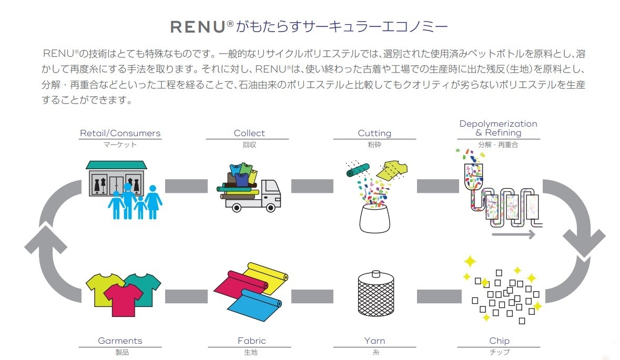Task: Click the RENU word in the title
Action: tap(199, 27)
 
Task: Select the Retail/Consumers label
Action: tap(120, 133)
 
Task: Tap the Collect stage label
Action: tap(249, 133)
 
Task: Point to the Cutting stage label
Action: tap(374, 133)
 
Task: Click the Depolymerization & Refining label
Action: tap(498, 128)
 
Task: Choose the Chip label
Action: tap(499, 341)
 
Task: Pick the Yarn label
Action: tap(374, 341)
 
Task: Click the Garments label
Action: tap(120, 341)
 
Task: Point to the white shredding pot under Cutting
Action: tap(374, 217)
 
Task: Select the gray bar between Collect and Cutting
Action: tap(312, 186)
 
